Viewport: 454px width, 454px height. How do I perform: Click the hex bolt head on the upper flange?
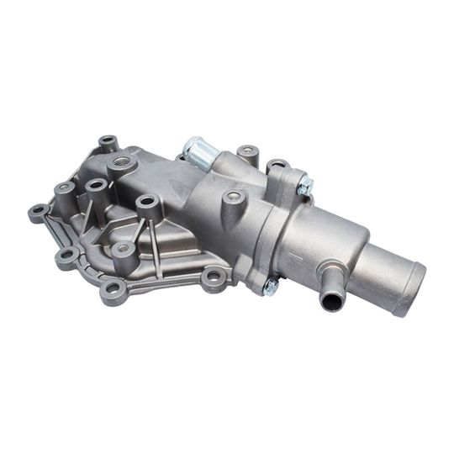(305, 185)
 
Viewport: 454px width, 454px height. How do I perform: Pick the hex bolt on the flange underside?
(270, 286)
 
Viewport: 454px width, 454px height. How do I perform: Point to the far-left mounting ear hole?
(37, 213)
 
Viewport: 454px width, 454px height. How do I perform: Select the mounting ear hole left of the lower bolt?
(214, 276)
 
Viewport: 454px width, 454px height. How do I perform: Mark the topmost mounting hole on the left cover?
(107, 142)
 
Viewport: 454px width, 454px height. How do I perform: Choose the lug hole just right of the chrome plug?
(247, 153)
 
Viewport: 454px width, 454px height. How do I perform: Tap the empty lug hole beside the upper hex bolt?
(277, 166)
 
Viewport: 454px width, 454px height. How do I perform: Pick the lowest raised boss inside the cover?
(123, 249)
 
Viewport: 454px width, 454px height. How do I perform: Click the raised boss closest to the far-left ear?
(64, 188)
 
